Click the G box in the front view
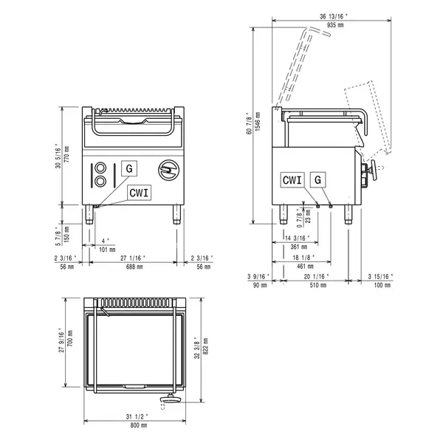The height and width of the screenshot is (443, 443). coord(129,168)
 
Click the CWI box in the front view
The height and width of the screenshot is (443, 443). coord(140,192)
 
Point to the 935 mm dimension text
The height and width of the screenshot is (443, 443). coord(326,24)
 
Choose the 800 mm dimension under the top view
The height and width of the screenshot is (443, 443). coord(136,426)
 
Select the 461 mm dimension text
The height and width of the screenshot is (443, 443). coord(301,266)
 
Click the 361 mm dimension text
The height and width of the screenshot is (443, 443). coord(295,247)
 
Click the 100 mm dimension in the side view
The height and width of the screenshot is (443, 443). coord(380,285)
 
